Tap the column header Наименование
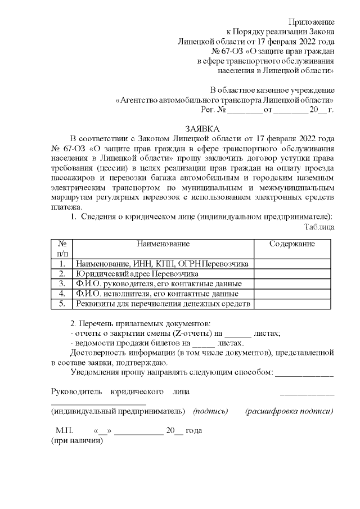(x=163, y=244)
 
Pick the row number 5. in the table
(x=62, y=304)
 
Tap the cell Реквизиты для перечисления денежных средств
(x=163, y=304)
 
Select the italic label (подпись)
(x=210, y=411)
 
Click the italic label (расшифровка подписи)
(x=289, y=411)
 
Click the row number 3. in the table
(x=62, y=283)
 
